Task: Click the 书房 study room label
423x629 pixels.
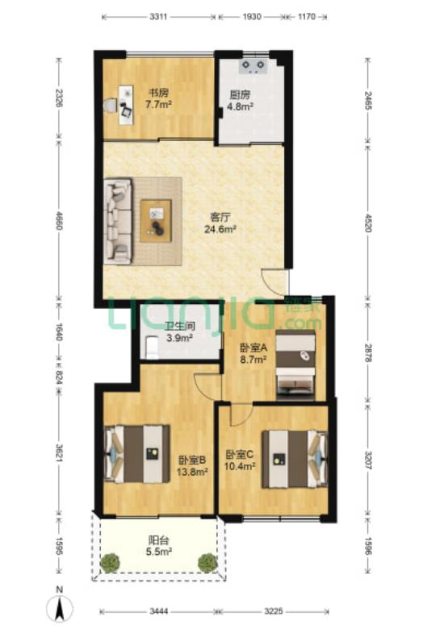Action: coord(158,93)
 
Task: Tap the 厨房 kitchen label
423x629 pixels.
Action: coord(241,94)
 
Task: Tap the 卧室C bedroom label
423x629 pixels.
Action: coord(240,455)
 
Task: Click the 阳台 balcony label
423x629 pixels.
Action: coord(159,540)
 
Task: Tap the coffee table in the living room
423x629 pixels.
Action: coord(156,221)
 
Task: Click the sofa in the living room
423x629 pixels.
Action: coord(118,222)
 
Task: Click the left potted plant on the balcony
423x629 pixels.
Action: coord(110,563)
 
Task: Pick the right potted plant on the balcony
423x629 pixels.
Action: coord(207,563)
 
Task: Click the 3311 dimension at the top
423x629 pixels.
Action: coord(159,17)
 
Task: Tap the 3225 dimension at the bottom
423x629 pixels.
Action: coord(273,611)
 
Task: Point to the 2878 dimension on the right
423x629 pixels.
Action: coord(368,352)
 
